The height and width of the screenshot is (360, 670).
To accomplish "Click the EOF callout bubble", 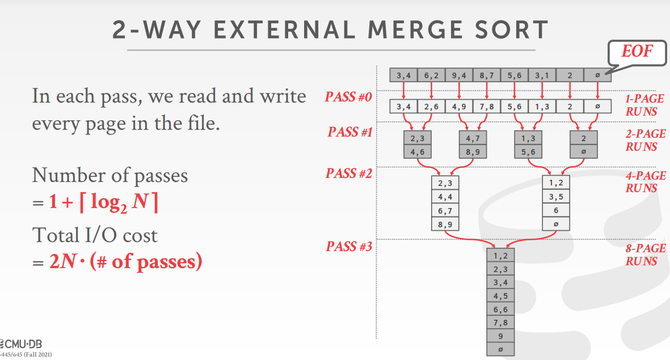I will coord(636,52).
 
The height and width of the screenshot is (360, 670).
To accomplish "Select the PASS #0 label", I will coord(348,97).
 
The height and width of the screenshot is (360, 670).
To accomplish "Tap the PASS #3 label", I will coord(349,247).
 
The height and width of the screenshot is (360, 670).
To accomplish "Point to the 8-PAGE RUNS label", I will coord(646,255).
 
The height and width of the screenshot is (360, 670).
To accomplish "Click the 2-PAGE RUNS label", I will coord(646,140).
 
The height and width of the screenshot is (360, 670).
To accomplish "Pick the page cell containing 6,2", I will coord(431,75).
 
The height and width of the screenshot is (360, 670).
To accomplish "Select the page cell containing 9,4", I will coord(459,75).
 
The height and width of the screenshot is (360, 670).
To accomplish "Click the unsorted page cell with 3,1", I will coord(542,75).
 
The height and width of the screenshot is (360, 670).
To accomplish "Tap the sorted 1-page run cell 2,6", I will coord(431,106).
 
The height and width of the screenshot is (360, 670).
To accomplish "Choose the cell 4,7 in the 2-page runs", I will coord(473,138).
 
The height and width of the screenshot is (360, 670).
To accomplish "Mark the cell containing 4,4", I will coord(445,197).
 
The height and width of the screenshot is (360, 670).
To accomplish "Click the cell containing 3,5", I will coord(555,197).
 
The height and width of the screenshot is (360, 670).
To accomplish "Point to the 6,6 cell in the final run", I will coord(500,310).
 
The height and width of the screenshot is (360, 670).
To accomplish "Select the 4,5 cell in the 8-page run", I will coord(500,296).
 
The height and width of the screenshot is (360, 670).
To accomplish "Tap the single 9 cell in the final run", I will coord(500,336).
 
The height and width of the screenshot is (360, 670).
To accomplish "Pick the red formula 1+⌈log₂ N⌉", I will coord(103,201).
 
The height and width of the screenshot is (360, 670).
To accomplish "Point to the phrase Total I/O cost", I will coord(94,235).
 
